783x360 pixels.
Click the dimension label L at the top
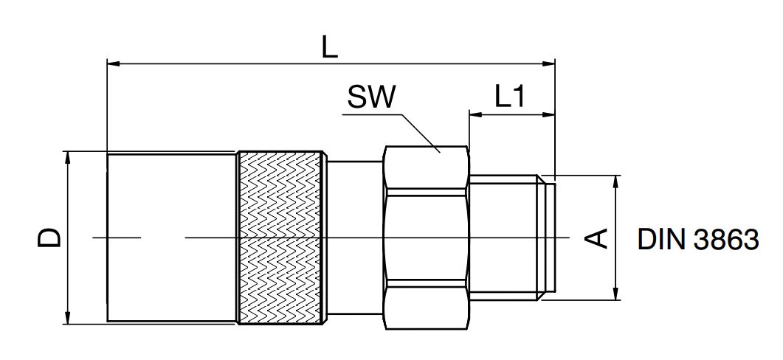click(x=330, y=47)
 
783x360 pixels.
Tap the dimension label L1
click(x=509, y=97)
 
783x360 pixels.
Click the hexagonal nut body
click(x=426, y=237)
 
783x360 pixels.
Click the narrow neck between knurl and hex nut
click(x=354, y=237)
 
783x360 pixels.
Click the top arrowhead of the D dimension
click(x=67, y=156)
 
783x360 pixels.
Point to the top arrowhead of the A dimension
click(x=614, y=180)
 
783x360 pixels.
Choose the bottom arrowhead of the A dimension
click(x=614, y=294)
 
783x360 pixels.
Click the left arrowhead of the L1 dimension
click(x=474, y=114)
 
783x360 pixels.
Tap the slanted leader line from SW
click(x=419, y=133)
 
